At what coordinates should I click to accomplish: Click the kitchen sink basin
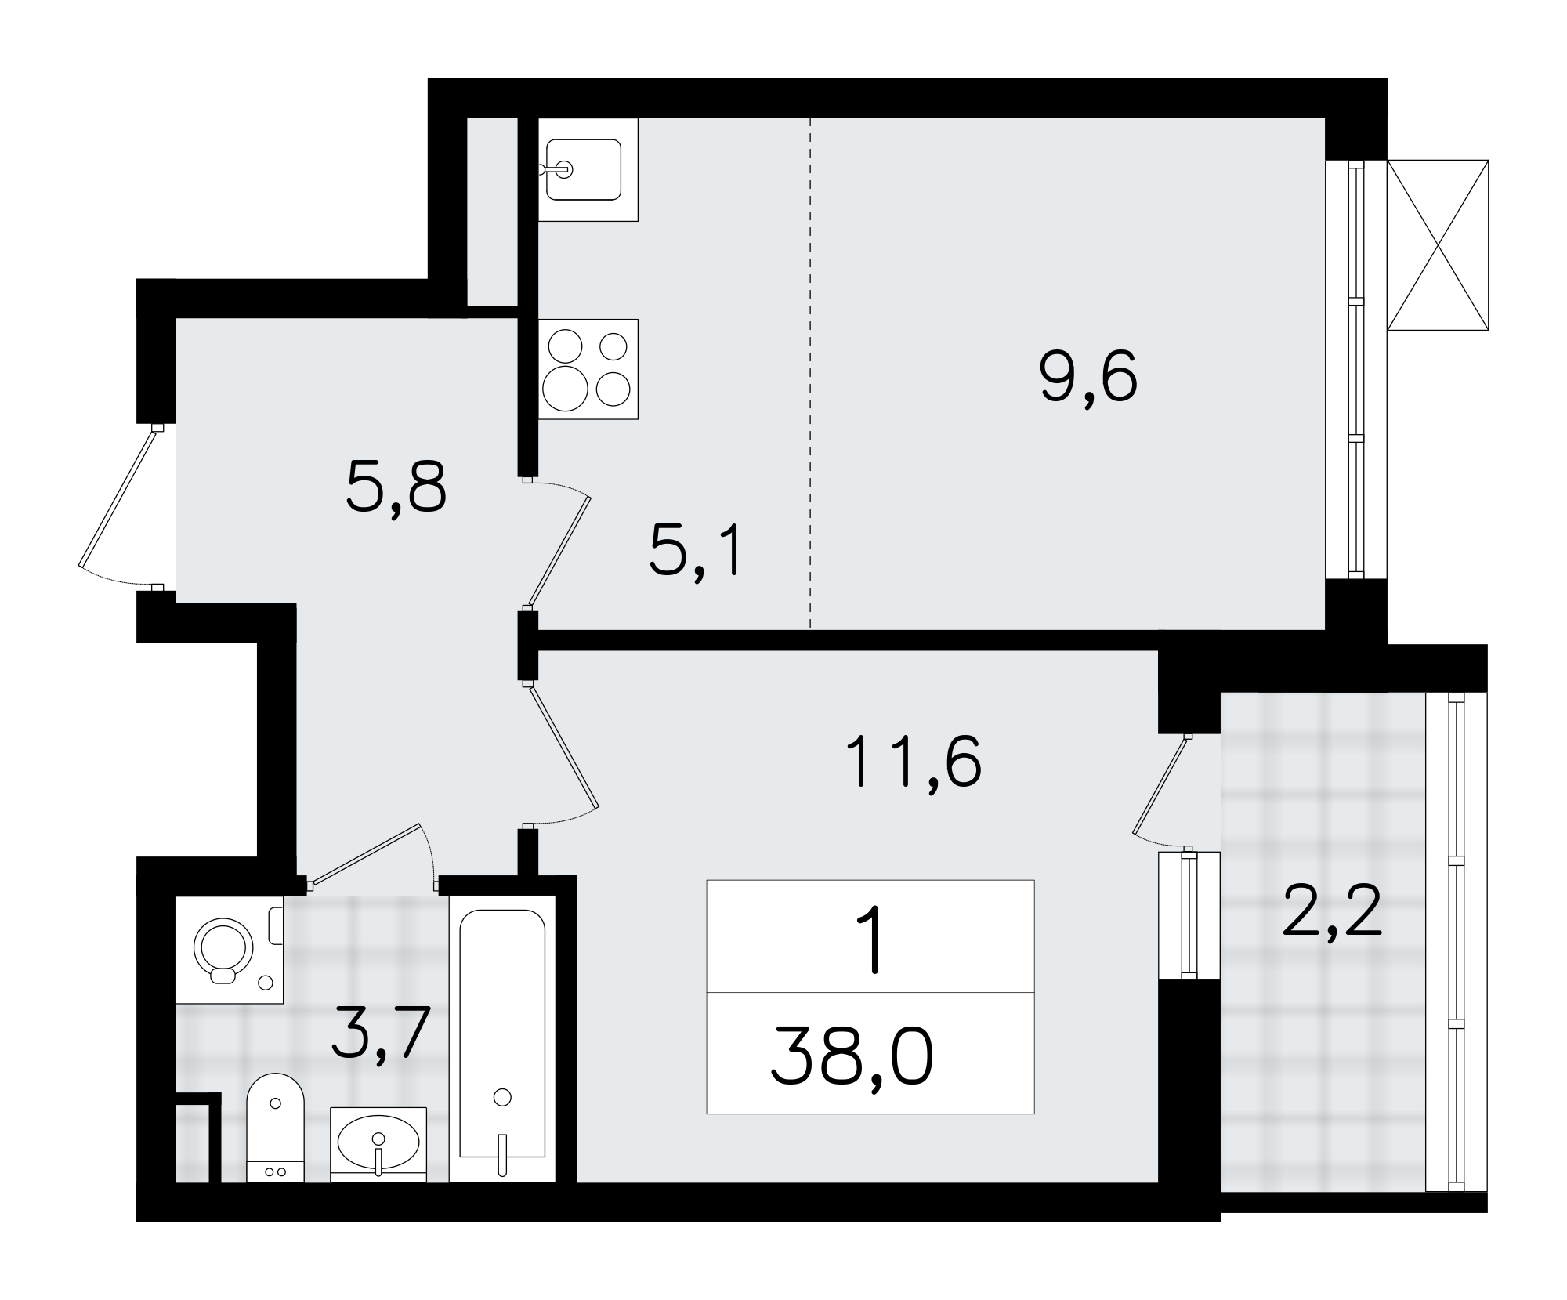coord(584,169)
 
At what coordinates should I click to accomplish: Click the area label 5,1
coord(695,551)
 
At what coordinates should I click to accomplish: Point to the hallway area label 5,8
coord(396,487)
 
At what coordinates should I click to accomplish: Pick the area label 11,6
coord(913,762)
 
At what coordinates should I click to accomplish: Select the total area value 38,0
coord(852,1056)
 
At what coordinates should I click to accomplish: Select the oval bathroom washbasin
coord(378,1142)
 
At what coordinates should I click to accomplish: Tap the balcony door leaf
coord(1161,784)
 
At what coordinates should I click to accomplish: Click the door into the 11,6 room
coord(564,747)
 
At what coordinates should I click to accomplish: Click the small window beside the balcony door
coord(1189,915)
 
